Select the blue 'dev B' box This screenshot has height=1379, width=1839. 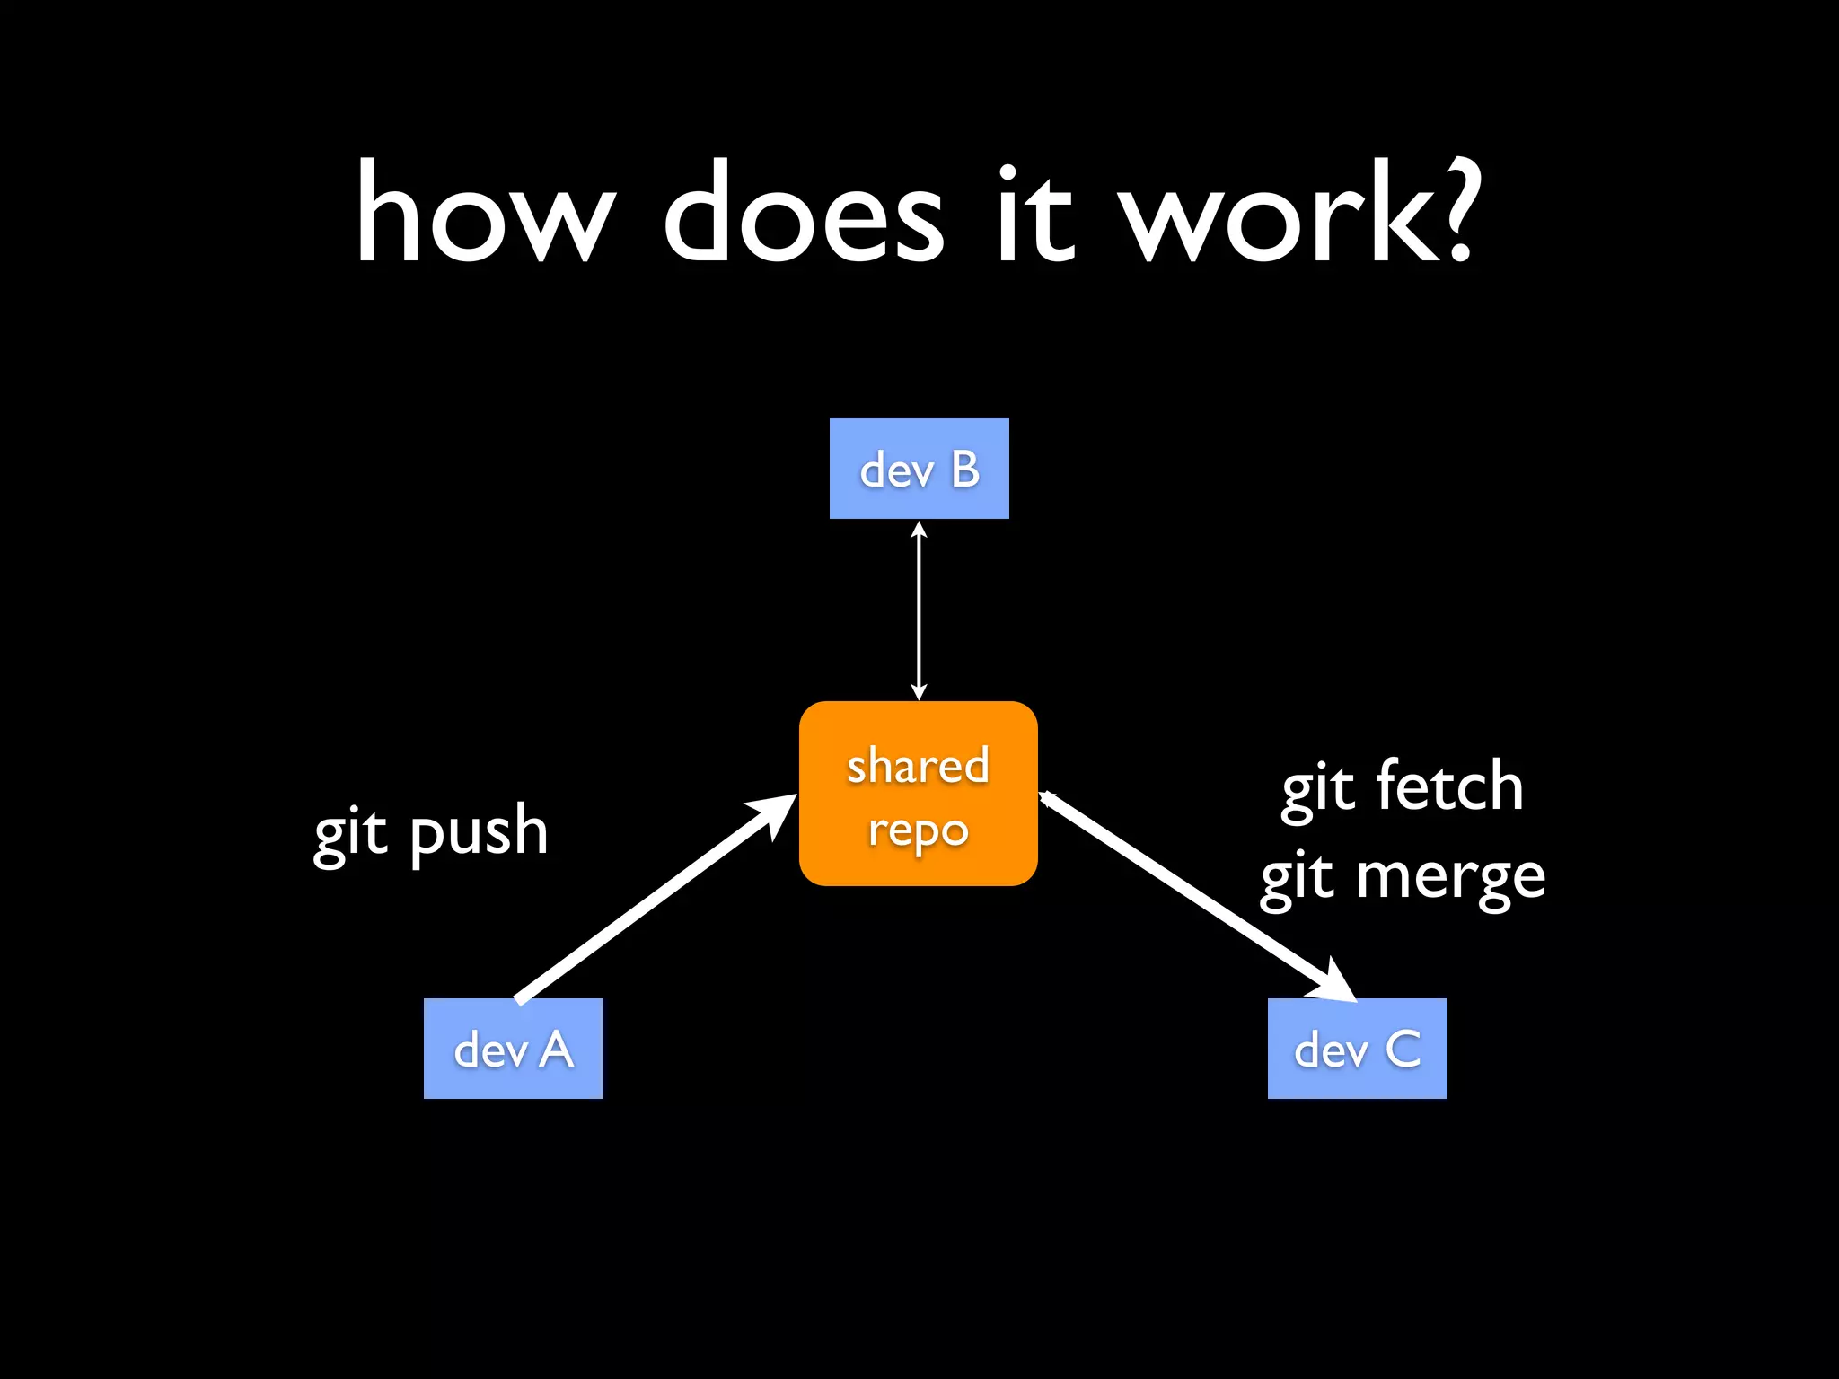click(x=919, y=468)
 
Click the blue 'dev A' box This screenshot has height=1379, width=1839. click(x=513, y=1048)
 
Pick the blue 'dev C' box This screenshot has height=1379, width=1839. click(x=1357, y=1048)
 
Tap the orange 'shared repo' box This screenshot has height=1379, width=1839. click(x=918, y=794)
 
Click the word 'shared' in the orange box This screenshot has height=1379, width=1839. click(x=918, y=766)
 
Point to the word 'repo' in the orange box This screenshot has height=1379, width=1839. click(x=918, y=830)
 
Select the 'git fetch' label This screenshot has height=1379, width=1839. click(x=1402, y=786)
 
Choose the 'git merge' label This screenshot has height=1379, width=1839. click(x=1402, y=877)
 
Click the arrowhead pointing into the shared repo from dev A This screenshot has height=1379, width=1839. click(x=774, y=810)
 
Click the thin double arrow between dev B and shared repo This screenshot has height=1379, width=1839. click(x=919, y=610)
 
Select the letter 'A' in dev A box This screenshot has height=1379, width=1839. click(x=557, y=1049)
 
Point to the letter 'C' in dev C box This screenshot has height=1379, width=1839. click(x=1403, y=1049)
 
